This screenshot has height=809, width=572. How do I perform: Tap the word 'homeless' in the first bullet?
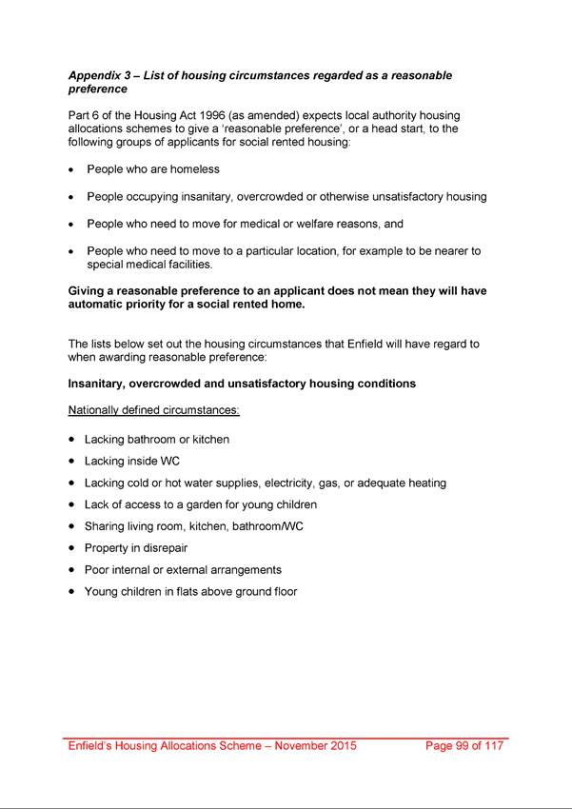195,169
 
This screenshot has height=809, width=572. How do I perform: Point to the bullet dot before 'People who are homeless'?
72,170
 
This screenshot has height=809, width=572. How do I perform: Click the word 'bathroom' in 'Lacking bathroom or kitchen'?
151,440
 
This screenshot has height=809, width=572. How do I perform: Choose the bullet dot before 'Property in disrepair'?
72,549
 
